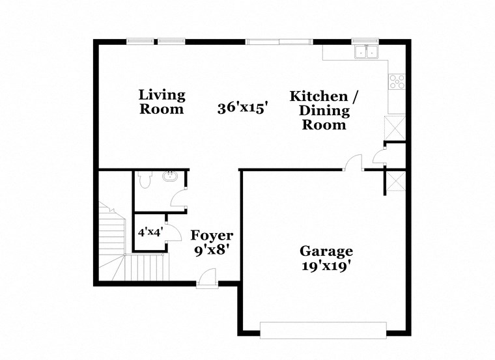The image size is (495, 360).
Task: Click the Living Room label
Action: (x=162, y=102)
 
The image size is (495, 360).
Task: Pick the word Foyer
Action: (x=212, y=235)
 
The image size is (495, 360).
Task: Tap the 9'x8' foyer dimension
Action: (x=212, y=249)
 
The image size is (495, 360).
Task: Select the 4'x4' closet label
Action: (x=149, y=231)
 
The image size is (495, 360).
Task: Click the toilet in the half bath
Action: (x=146, y=178)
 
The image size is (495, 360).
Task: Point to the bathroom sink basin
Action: (x=171, y=176)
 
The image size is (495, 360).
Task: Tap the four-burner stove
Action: (x=396, y=81)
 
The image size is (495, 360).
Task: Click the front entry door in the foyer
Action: (x=207, y=278)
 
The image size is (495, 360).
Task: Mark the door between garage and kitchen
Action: (x=354, y=163)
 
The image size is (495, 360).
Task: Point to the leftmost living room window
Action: (x=140, y=42)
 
